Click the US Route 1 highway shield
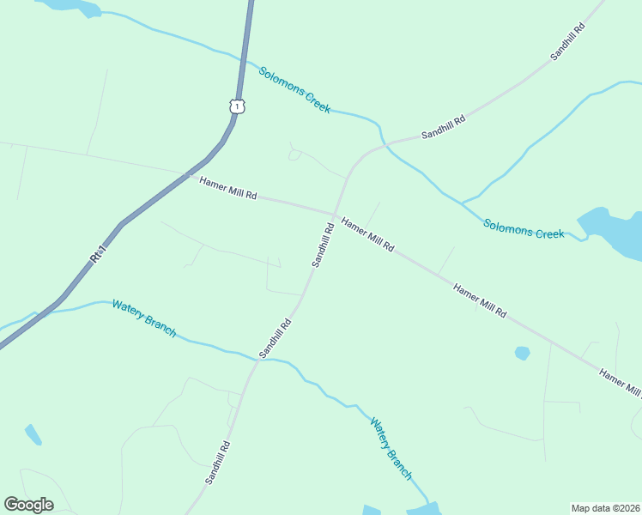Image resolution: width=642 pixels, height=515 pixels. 238,106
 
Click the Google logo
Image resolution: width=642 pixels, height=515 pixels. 28,505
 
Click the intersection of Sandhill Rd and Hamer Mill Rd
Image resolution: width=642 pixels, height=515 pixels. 334,215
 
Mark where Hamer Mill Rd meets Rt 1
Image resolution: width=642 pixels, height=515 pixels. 187,174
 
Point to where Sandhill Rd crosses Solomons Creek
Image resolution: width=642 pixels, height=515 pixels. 385,143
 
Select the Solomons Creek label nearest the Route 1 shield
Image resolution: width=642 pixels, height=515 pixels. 294,90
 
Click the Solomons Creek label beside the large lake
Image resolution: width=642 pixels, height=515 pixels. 524,229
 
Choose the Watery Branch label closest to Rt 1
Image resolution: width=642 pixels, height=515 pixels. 144,318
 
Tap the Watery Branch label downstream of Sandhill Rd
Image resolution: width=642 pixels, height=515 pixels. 391,448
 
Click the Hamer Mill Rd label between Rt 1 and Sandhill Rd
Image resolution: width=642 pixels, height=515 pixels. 228,188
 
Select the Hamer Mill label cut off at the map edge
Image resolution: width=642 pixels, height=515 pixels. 620,384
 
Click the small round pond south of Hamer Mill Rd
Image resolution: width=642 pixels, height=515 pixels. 522,353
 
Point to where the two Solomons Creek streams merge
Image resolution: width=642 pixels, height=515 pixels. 463,204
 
